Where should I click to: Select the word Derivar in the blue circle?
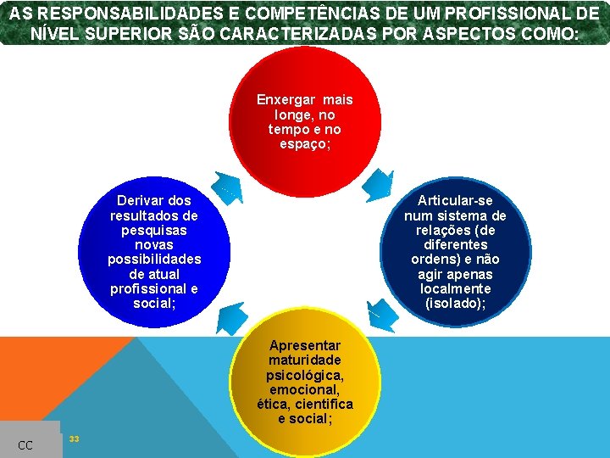[x=141, y=200]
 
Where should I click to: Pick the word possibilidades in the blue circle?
[x=154, y=260]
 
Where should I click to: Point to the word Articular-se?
[x=455, y=200]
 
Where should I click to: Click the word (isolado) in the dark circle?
[x=455, y=304]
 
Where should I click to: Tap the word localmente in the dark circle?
[x=455, y=289]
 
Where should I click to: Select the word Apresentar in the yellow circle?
[x=305, y=345]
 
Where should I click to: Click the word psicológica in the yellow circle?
[x=304, y=375]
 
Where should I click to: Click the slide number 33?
[x=74, y=438]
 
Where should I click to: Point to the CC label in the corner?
[x=25, y=445]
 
